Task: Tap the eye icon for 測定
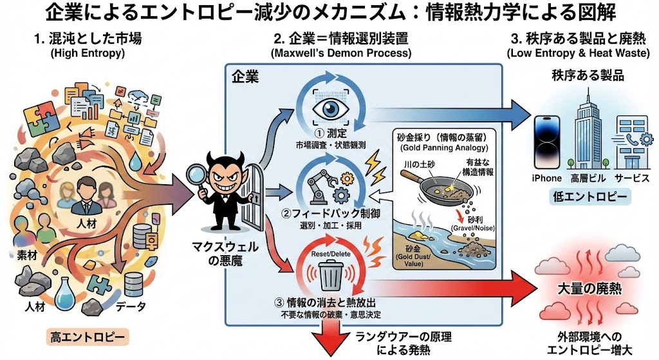(x=330, y=109)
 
